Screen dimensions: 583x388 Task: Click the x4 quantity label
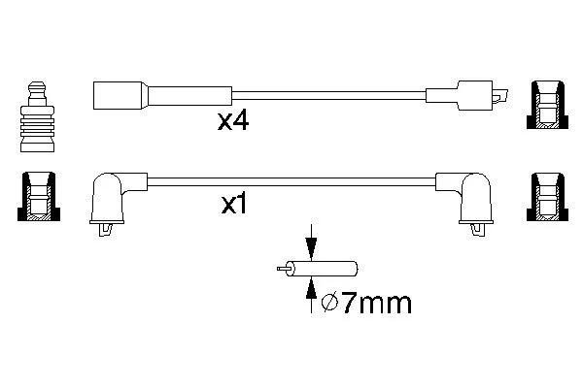pyautogui.click(x=233, y=121)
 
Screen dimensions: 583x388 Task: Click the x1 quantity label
pyautogui.click(x=234, y=205)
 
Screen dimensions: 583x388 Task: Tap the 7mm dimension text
pyautogui.click(x=376, y=304)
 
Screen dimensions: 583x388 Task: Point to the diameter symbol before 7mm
pyautogui.click(x=329, y=303)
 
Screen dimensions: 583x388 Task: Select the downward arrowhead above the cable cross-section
pyautogui.click(x=311, y=248)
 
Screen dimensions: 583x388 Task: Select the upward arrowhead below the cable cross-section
pyautogui.click(x=311, y=288)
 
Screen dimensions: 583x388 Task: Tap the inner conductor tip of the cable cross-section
pyautogui.click(x=282, y=269)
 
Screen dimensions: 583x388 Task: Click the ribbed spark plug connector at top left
pyautogui.click(x=37, y=116)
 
